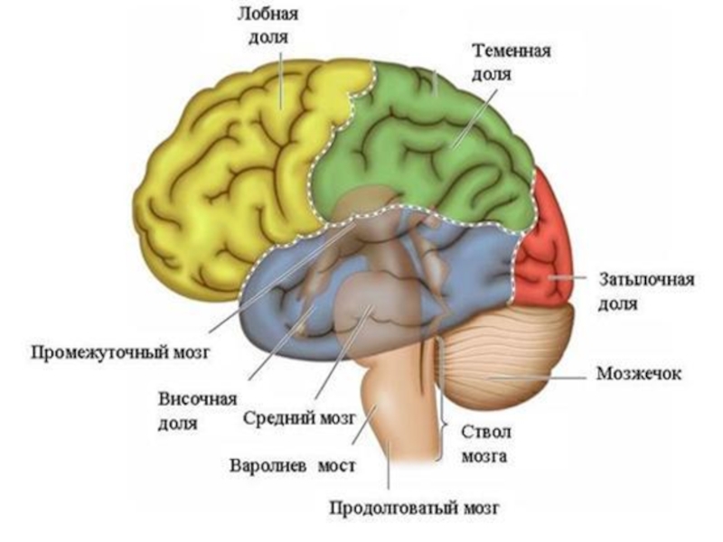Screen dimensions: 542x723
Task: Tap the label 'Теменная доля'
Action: click(511, 62)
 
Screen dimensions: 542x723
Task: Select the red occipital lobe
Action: click(547, 244)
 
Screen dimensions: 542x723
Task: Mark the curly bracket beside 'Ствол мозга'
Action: click(443, 425)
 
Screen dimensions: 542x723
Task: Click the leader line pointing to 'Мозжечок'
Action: click(542, 374)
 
